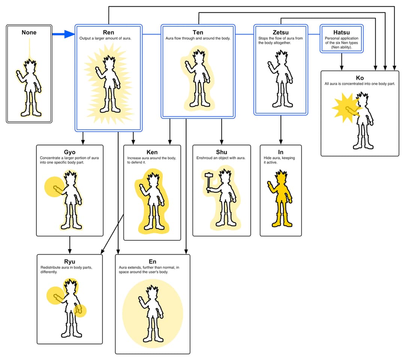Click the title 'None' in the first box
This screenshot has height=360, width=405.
tap(29, 33)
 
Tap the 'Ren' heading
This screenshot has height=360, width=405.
tap(108, 33)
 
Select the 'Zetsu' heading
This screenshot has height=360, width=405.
tap(280, 33)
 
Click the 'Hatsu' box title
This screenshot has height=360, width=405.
tap(341, 33)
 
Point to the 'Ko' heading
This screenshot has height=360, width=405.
tap(360, 78)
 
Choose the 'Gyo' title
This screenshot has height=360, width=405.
tap(69, 152)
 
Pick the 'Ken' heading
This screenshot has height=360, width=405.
tap(152, 152)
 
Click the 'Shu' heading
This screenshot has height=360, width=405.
tap(222, 152)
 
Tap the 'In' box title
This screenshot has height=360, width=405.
tap(280, 152)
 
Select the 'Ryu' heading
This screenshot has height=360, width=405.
tap(69, 262)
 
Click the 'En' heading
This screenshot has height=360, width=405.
tap(152, 261)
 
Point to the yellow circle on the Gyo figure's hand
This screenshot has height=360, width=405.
tap(54, 187)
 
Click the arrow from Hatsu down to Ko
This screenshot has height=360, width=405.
tap(341, 61)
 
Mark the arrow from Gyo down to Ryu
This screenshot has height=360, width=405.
tap(69, 245)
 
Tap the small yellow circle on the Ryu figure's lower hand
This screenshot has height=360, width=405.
tap(80, 310)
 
